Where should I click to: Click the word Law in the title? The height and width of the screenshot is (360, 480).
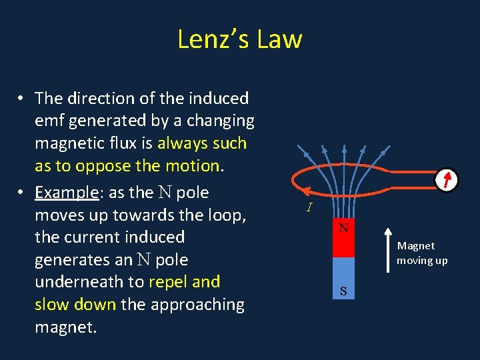click(x=281, y=39)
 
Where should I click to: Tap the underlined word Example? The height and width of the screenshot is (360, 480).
click(x=67, y=193)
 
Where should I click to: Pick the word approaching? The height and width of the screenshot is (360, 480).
click(x=198, y=305)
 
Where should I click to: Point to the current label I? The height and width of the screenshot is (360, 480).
click(x=309, y=207)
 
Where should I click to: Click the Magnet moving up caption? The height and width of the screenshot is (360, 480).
click(x=422, y=253)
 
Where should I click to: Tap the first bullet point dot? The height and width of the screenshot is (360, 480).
click(x=22, y=99)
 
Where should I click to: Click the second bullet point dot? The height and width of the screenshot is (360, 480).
click(x=22, y=193)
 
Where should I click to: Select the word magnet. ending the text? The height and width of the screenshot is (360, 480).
click(x=65, y=327)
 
